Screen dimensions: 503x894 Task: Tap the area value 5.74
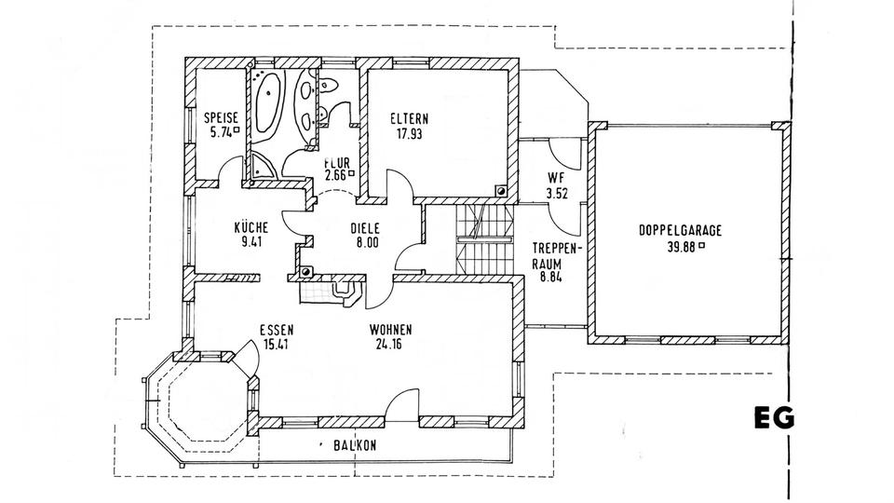tap(221, 132)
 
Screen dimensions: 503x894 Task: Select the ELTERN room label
tap(410, 118)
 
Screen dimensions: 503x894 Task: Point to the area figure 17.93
tap(410, 133)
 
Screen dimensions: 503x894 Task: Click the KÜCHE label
tap(251, 227)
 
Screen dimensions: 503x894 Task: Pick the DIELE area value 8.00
tap(364, 242)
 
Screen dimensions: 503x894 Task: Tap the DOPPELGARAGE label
tap(681, 231)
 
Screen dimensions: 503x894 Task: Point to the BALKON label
tap(355, 446)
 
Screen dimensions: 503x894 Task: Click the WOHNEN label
tap(391, 330)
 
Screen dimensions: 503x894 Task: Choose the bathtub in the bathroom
tap(269, 104)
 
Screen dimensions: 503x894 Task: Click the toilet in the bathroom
tap(327, 87)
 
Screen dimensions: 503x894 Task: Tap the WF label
tap(556, 180)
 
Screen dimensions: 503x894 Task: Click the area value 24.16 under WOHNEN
tap(391, 345)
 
